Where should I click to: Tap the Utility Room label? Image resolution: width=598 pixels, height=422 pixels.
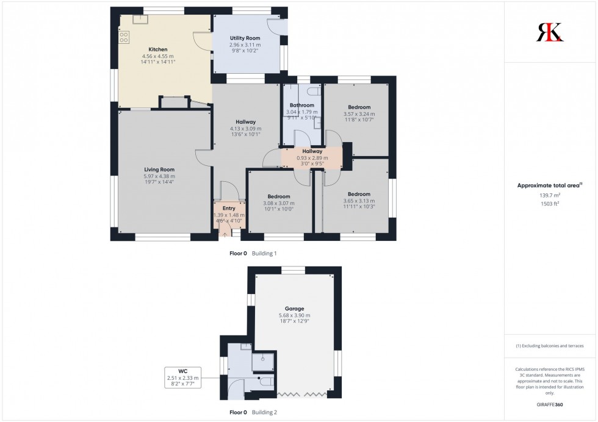point(245,38)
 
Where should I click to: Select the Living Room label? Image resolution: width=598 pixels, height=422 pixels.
point(159,170)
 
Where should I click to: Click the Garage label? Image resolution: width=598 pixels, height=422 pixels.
point(294,309)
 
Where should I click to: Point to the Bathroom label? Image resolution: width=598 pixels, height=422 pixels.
point(302,105)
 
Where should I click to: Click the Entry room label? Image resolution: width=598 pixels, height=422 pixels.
point(228,208)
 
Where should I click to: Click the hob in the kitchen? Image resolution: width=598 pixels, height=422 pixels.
point(124,37)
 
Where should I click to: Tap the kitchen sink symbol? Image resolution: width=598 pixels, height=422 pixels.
point(141,18)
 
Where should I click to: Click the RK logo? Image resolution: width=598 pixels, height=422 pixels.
point(550,32)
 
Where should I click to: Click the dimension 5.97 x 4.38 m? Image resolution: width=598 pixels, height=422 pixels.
point(159,176)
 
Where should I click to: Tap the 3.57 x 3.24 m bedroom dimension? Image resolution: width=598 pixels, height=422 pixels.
point(359,114)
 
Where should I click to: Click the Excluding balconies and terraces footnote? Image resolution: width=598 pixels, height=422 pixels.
point(550,346)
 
